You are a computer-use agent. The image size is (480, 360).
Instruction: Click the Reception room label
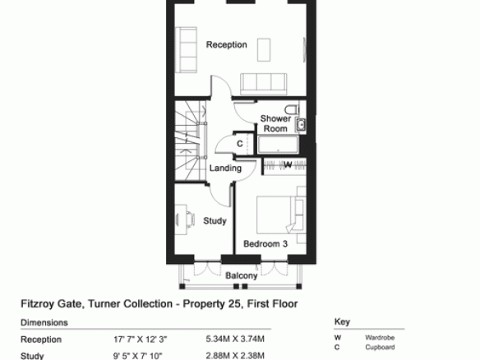coord(227,44)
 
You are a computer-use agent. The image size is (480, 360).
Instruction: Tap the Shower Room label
coord(275,123)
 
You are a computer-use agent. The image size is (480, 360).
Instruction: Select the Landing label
coord(225,168)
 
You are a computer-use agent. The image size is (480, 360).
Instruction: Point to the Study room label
coord(215,221)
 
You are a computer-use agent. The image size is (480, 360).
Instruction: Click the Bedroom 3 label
coord(265,243)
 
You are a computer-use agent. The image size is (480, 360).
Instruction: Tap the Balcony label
coord(241,275)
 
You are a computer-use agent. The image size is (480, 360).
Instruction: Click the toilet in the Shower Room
coord(292,109)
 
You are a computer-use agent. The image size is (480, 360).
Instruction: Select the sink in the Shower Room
coord(301,125)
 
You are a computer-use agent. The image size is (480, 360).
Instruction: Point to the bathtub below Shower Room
coord(278,145)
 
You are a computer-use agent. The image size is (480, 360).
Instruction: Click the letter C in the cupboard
coord(240,143)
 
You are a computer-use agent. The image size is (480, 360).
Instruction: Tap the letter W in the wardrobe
coord(288,165)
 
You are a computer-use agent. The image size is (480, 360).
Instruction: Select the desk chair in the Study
coord(191,219)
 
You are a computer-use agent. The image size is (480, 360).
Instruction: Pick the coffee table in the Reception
coord(264,49)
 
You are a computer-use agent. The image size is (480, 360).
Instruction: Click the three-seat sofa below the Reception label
coord(264,84)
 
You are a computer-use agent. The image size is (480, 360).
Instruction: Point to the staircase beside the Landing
coord(191,141)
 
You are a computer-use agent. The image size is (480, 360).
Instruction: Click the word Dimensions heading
coord(44,323)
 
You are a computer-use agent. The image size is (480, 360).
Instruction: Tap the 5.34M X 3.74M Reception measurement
coord(235,339)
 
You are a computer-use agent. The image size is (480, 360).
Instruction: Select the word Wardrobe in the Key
coord(380,338)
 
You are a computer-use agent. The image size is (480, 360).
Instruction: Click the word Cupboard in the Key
coord(380,348)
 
